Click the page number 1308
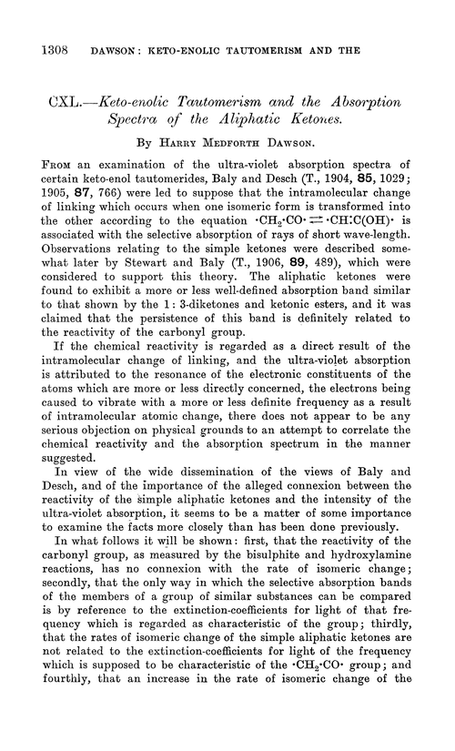[48, 31]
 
